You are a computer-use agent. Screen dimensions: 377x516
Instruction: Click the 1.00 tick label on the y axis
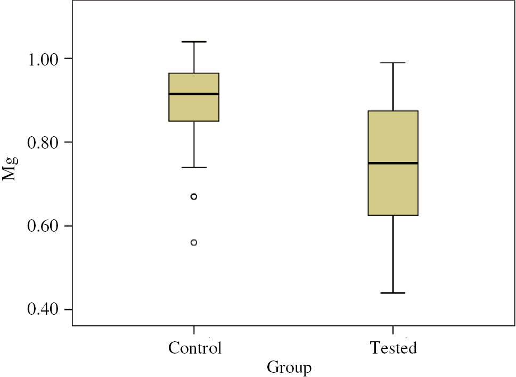pos(44,58)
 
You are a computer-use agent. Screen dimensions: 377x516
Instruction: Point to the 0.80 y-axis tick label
pos(44,142)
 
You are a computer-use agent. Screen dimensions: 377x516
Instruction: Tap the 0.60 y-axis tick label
pos(44,226)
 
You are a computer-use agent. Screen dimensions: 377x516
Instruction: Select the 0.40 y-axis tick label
pos(44,309)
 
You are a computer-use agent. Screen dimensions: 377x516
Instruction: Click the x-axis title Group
pos(289,367)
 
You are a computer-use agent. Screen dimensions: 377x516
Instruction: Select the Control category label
pos(194,349)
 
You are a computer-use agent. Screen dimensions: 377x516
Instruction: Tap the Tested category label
pos(393,349)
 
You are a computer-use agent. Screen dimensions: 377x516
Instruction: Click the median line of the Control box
pos(194,94)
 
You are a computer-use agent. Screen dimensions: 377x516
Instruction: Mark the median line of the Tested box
pos(393,163)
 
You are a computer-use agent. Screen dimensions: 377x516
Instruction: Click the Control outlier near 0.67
pos(194,196)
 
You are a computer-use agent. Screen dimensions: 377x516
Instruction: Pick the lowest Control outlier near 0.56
pos(194,242)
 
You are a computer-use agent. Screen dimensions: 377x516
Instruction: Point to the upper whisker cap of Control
pos(194,42)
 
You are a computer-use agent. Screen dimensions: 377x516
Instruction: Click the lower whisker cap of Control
pos(194,167)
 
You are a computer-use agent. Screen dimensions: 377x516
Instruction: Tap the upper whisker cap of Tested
pos(393,63)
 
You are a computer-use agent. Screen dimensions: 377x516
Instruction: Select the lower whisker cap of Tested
pos(393,293)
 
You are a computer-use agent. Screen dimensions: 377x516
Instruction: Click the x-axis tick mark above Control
pos(194,329)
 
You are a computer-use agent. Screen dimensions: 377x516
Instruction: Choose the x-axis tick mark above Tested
pos(393,329)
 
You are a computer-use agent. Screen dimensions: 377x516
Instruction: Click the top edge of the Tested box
pos(393,111)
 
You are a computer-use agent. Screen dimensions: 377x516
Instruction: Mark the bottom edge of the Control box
pos(194,121)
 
